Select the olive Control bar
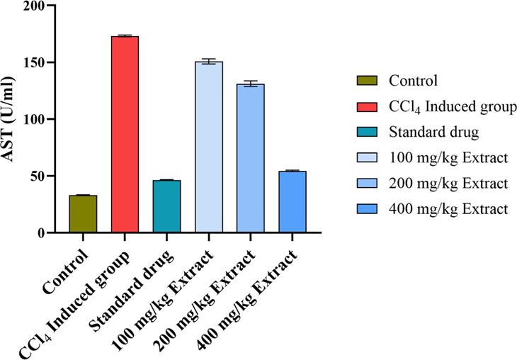(82, 214)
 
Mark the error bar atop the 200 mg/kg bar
(251, 84)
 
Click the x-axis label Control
(68, 266)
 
